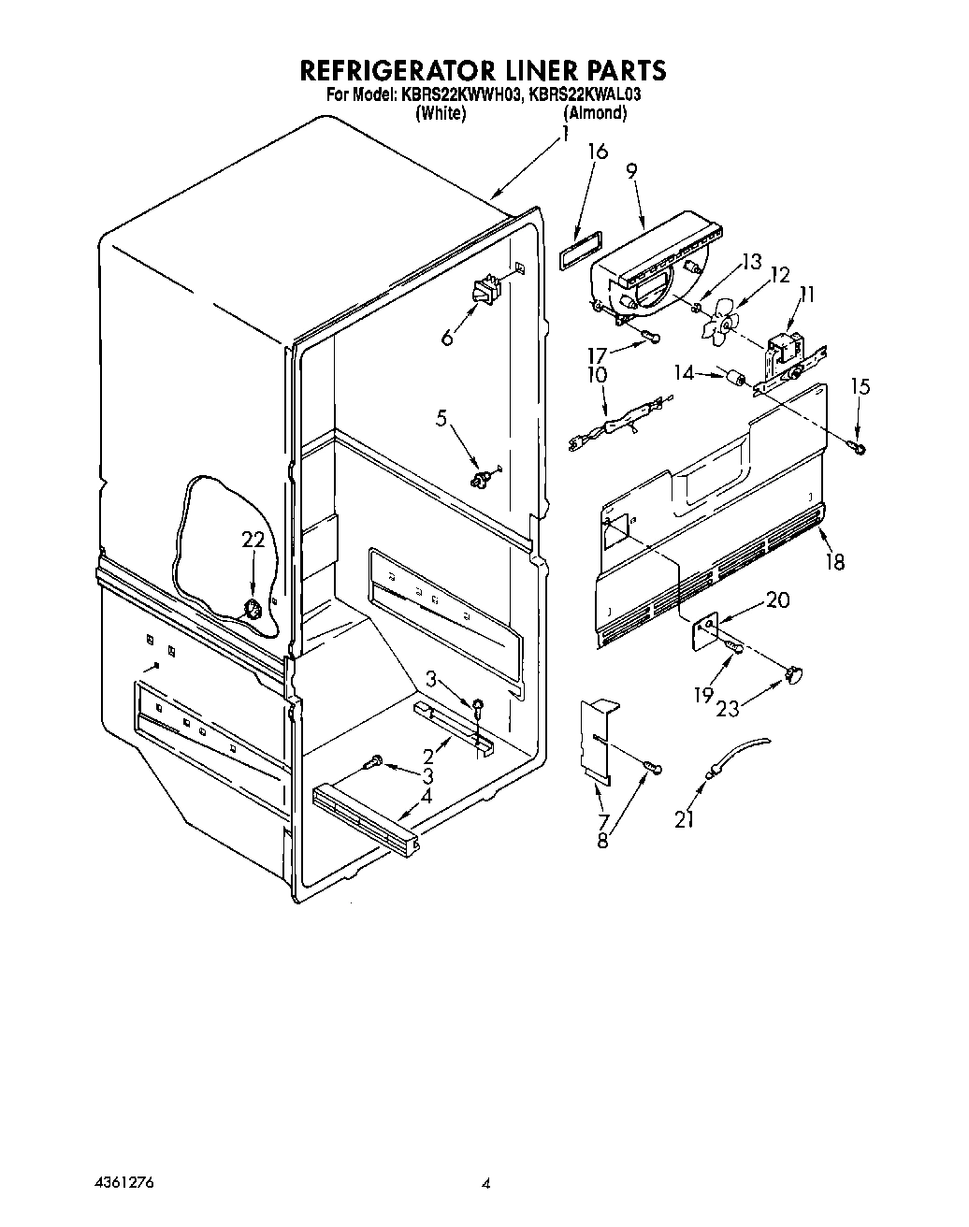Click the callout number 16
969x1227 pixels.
click(x=598, y=152)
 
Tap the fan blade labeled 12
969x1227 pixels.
click(x=721, y=325)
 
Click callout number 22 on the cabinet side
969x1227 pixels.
click(x=253, y=541)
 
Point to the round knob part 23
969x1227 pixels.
click(x=795, y=671)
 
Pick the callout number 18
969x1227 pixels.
click(x=834, y=561)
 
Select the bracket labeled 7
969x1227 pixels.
click(x=597, y=739)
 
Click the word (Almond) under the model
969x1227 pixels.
click(x=595, y=112)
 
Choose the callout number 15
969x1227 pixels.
click(x=860, y=385)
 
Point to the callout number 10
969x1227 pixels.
click(x=595, y=375)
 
